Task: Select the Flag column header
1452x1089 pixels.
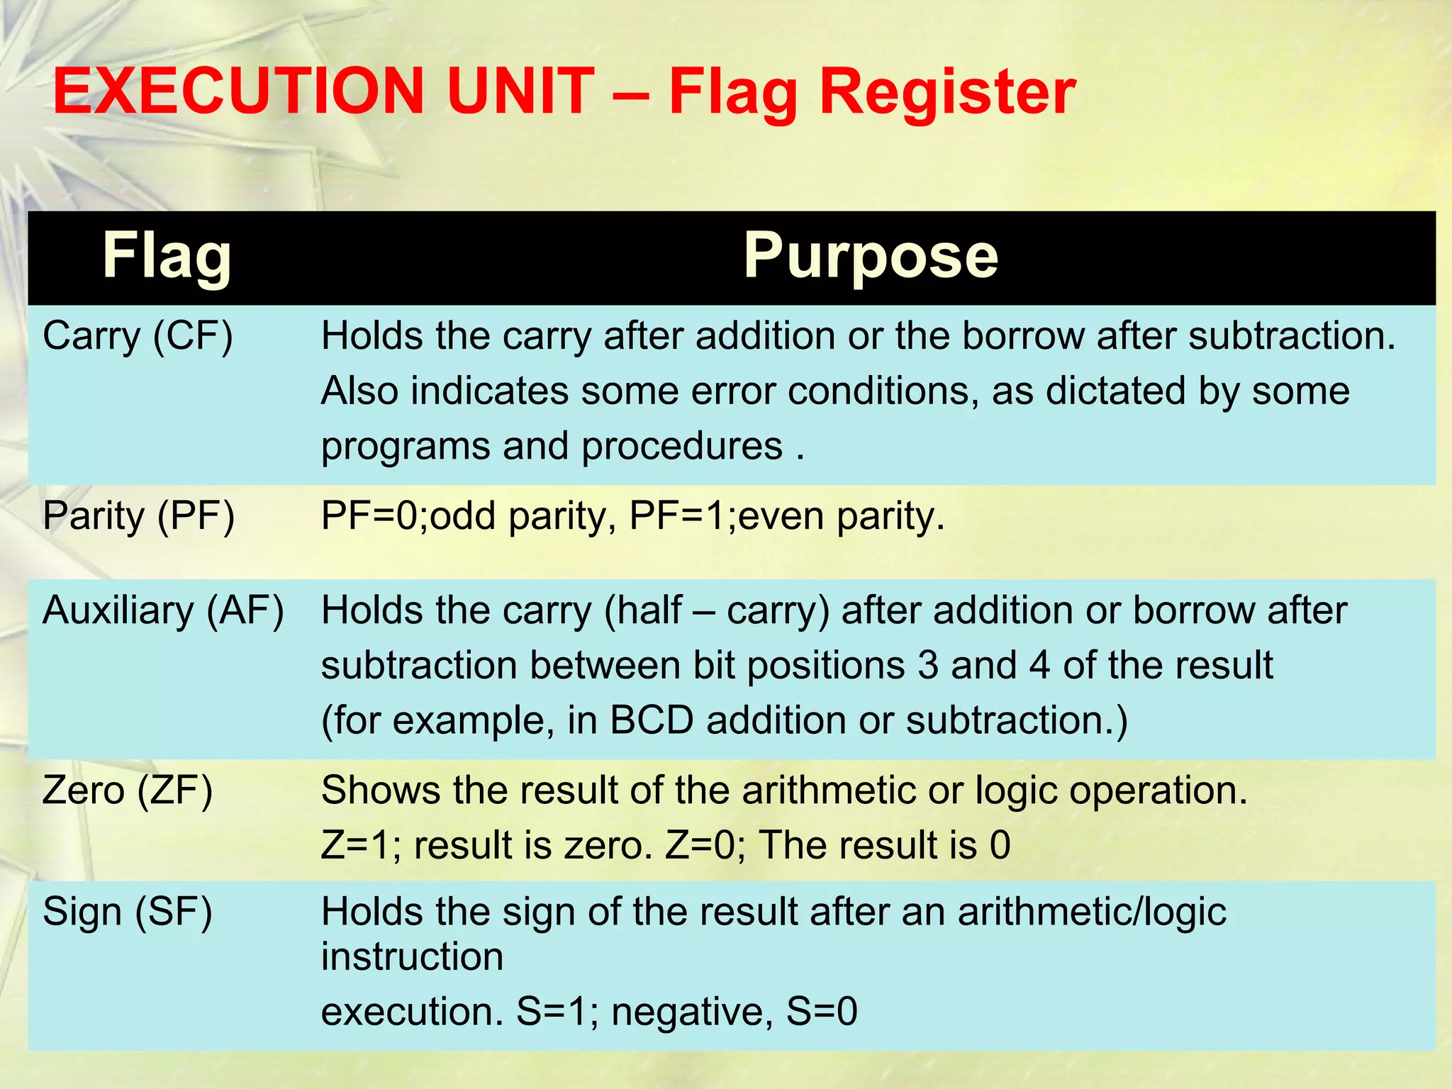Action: click(167, 257)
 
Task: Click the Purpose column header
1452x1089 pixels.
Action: click(870, 257)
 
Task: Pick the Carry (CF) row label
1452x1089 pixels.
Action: click(138, 336)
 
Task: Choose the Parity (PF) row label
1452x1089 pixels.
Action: click(138, 515)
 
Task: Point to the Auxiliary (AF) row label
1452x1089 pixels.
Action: click(163, 610)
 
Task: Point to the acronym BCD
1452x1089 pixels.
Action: click(652, 720)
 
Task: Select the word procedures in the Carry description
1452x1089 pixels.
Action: click(682, 447)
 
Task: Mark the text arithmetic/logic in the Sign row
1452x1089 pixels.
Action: click(1092, 912)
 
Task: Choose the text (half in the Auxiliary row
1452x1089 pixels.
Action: click(642, 610)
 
